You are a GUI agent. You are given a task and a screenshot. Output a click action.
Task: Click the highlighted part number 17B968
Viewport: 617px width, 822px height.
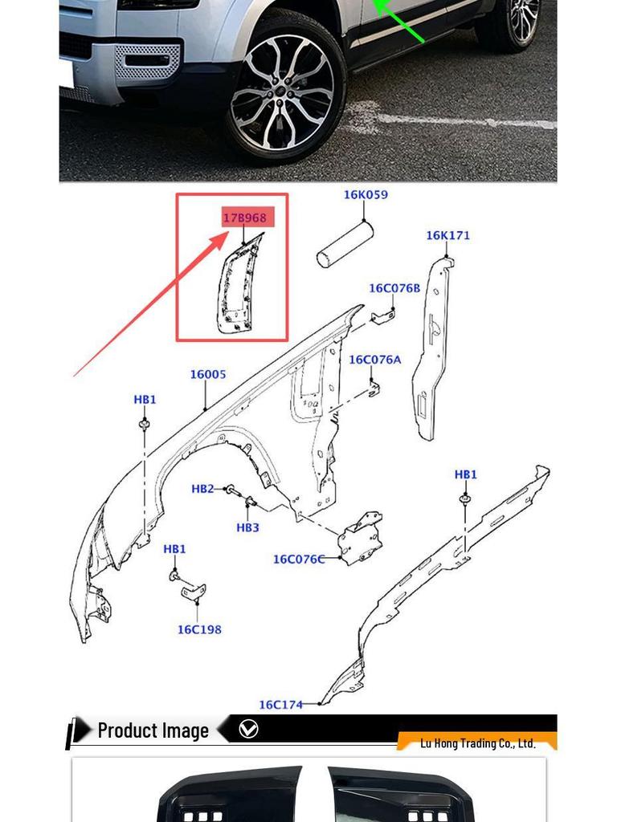[244, 218]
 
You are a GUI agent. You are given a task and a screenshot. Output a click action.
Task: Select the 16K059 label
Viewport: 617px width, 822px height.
[366, 194]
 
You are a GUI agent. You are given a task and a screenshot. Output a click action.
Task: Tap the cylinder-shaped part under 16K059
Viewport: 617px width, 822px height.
[345, 245]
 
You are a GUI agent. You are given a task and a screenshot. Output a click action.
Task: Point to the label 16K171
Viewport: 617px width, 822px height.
[447, 235]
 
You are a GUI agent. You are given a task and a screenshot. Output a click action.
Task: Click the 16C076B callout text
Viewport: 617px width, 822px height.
[394, 288]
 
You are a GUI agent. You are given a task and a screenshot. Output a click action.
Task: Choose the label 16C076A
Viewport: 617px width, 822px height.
[374, 360]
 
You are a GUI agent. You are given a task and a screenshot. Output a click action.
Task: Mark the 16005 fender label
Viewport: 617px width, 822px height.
[208, 374]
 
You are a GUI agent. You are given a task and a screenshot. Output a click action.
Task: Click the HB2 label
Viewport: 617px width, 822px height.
[202, 489]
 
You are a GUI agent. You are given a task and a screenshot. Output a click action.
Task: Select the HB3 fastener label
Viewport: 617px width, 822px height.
[247, 527]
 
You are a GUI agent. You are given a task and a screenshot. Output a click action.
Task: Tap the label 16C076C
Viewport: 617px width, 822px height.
[298, 559]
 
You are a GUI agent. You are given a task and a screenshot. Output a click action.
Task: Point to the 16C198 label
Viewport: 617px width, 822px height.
[199, 629]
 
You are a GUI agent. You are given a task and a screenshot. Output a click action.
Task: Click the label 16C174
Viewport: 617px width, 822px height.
[280, 705]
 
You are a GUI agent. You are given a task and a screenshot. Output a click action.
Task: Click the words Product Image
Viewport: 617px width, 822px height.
[153, 730]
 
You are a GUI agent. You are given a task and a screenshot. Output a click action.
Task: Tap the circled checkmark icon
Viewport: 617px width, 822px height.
[248, 730]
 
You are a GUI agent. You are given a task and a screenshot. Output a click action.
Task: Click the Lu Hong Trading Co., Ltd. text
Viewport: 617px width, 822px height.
[477, 743]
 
